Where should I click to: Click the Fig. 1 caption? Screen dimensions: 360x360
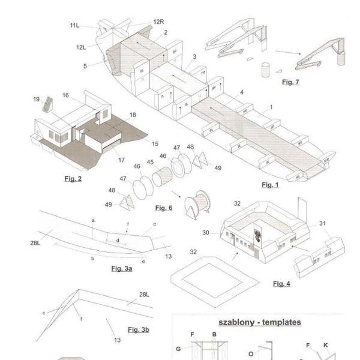[269, 185]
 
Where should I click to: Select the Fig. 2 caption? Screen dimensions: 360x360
[73, 179]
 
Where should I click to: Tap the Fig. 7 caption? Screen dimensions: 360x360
[290, 82]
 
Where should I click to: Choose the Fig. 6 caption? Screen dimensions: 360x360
[163, 208]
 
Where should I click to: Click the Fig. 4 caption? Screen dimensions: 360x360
[281, 283]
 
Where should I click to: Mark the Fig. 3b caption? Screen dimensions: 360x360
[137, 330]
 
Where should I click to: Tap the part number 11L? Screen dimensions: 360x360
[74, 25]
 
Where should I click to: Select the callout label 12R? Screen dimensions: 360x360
[158, 22]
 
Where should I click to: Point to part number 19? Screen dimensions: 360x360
[37, 100]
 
